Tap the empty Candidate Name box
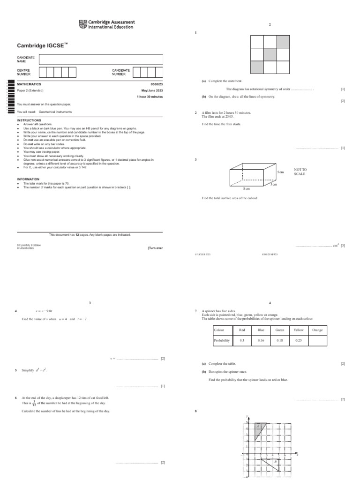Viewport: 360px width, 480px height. point(101,60)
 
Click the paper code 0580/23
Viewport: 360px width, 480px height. point(156,84)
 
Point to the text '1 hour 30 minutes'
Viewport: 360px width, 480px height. point(150,97)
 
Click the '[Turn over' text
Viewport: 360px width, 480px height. point(155,248)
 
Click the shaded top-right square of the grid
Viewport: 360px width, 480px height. point(283,41)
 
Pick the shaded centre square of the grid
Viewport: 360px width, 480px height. point(270,54)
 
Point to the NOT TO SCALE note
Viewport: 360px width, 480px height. point(300,171)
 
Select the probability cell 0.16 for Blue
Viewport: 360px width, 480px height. point(261,341)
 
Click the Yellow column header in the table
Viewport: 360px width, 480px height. point(298,330)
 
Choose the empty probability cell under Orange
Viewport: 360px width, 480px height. point(317,341)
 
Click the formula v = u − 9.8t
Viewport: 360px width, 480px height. point(46,311)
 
